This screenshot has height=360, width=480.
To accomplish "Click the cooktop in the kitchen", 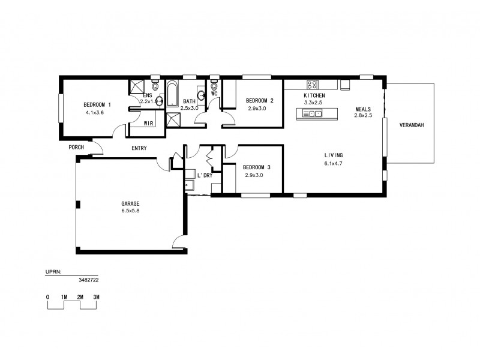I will coord(313,85).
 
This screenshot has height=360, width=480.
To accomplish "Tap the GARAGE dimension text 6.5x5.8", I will coord(130,211).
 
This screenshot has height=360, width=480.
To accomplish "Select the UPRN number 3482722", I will coord(88,280).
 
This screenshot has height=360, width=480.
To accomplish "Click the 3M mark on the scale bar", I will coord(96,297).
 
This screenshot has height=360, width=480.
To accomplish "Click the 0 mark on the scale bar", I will coord(47,297).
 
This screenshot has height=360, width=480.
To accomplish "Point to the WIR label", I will coord(149,123).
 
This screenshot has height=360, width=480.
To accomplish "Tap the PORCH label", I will coord(76,147).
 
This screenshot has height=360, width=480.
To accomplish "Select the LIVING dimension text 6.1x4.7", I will coord(333,163).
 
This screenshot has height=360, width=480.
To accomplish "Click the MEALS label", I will coord(363,109).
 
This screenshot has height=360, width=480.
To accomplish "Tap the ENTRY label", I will coord(138,148).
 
